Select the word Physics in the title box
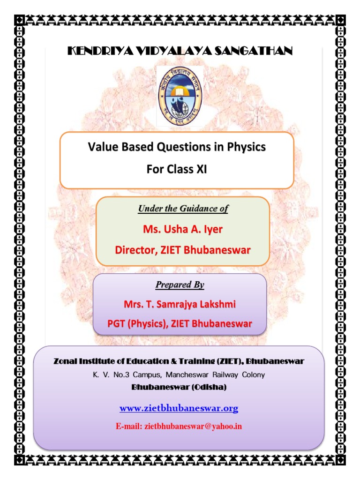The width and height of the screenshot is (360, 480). coord(246,147)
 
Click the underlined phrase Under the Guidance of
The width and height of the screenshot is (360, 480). coord(183,209)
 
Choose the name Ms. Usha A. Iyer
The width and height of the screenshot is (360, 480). coord(182,230)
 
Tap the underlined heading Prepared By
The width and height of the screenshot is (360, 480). coord(180,285)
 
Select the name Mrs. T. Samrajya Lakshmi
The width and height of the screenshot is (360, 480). coord(180,304)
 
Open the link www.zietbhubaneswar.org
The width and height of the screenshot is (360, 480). coord(179,409)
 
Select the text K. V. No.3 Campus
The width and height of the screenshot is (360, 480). coord(121,375)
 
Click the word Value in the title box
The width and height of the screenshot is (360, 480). coord(101,147)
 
